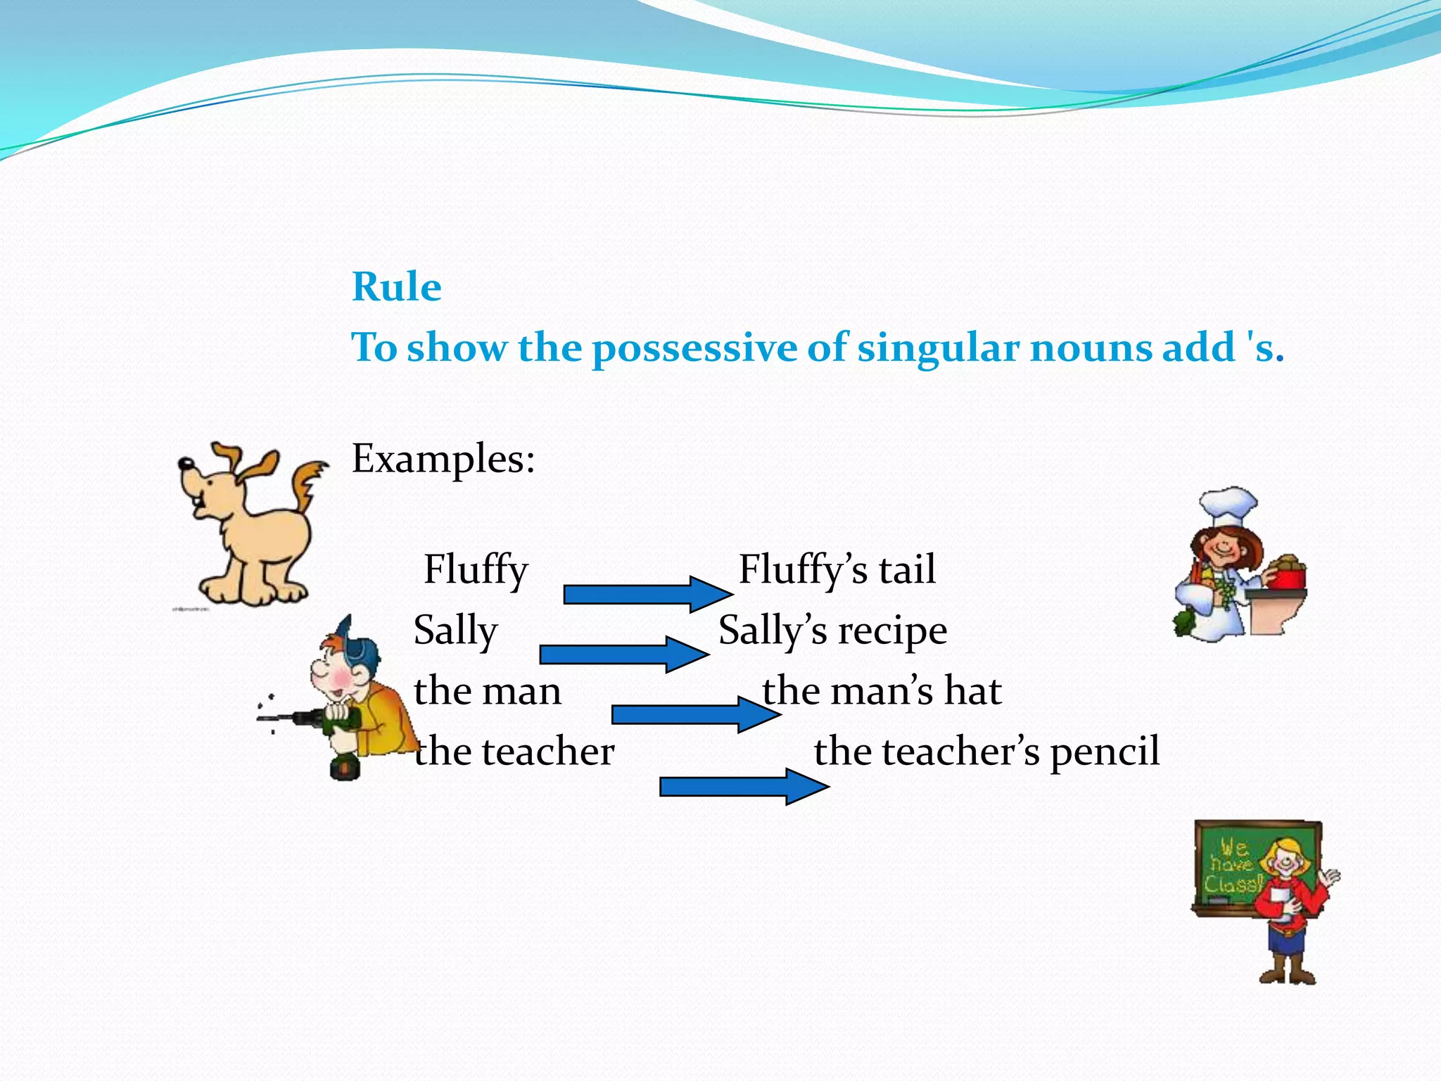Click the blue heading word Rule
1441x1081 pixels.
point(396,287)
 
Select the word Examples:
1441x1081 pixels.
point(443,459)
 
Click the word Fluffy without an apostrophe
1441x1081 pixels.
point(476,570)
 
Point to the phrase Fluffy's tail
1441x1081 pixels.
point(837,570)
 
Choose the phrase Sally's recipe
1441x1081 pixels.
point(832,631)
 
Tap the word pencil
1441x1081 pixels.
point(1105,752)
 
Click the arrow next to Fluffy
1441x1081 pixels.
point(647,594)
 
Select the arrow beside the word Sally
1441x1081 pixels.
point(623,655)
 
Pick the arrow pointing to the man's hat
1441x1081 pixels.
point(695,714)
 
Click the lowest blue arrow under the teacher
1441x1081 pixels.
point(743,786)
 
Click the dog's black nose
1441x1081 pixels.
point(185,464)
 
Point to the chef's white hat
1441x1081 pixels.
point(1228,505)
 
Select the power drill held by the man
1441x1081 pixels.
point(310,719)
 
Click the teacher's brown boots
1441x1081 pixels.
point(1287,971)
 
